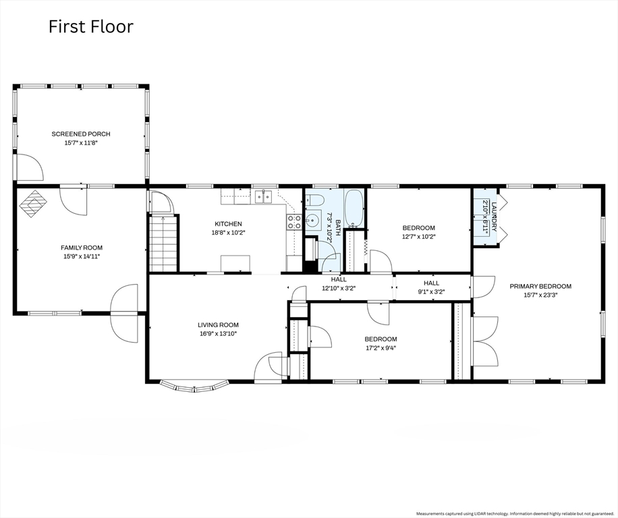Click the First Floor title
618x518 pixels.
[x=91, y=26]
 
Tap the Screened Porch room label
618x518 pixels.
[x=81, y=134]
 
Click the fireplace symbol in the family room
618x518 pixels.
[x=33, y=204]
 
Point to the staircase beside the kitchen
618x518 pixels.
[x=163, y=243]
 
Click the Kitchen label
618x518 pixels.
[x=228, y=224]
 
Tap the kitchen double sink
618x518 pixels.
[x=263, y=196]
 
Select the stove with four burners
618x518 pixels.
[x=293, y=222]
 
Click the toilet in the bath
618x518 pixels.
[x=316, y=201]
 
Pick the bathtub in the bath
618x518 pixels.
[x=354, y=208]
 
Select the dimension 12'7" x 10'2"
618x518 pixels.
[x=418, y=237]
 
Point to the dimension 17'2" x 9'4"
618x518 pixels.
[x=381, y=348]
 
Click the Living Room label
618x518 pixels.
[x=218, y=325]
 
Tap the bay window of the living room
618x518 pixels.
[x=194, y=386]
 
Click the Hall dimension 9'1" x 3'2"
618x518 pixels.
[x=431, y=292]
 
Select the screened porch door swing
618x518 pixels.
[x=30, y=167]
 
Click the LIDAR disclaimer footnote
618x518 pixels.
[x=515, y=514]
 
